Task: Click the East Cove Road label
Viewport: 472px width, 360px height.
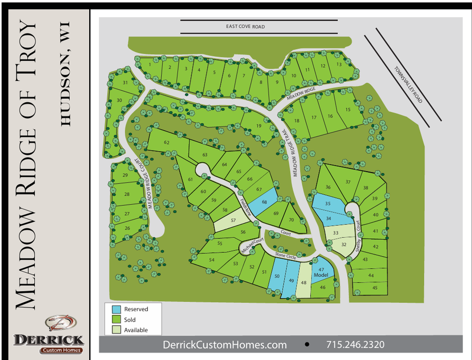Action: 245,27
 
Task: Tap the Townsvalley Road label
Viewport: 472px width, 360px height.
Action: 409,86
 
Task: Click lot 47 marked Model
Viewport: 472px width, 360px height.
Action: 321,272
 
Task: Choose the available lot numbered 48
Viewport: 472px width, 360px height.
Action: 304,282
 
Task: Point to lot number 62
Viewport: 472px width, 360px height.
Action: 167,142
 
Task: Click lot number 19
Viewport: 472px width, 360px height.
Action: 259,126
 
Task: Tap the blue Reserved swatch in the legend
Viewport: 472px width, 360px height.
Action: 116,309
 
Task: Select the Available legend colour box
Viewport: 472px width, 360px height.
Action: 116,330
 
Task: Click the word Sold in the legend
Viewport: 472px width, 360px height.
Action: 130,320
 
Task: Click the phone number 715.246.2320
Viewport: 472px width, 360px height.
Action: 355,345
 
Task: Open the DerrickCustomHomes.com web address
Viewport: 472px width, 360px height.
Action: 225,345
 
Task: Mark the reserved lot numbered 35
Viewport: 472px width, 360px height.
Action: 328,203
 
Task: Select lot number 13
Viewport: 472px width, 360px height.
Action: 339,65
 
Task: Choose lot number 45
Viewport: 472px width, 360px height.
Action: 375,288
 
